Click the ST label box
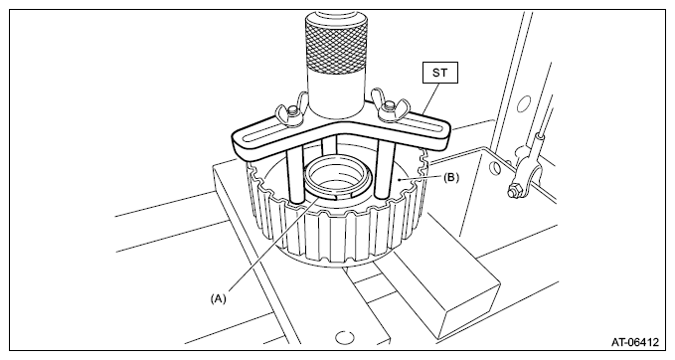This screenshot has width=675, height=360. click(x=439, y=73)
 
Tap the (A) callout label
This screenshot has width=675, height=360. click(x=219, y=298)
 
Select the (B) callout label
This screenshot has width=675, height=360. click(x=451, y=177)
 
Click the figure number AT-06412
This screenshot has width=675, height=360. click(x=635, y=342)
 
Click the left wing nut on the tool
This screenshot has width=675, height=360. click(x=290, y=112)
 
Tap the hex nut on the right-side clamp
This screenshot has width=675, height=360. click(x=514, y=190)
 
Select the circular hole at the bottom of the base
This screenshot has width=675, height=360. click(x=344, y=338)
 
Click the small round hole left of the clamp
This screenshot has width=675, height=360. click(x=495, y=168)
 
